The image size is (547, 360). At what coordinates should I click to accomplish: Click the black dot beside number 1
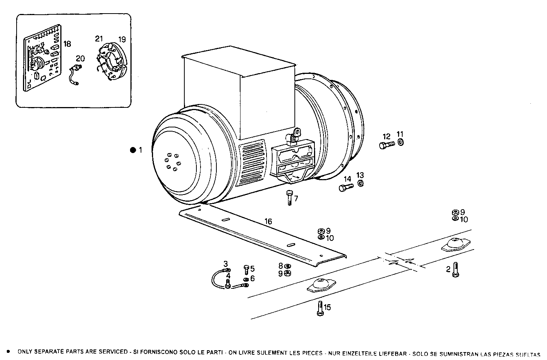pos(133,150)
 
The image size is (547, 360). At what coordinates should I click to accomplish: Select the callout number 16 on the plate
pos(268,221)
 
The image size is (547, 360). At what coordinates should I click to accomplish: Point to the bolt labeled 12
pos(386,145)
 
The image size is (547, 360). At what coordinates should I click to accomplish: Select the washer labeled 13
pos(360,184)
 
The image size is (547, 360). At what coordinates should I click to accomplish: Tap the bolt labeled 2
pos(455,270)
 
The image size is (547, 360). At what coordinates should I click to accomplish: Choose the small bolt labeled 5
pos(246,269)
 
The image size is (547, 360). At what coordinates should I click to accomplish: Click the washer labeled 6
pos(246,279)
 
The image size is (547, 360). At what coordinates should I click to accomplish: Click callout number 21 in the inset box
pos(99,39)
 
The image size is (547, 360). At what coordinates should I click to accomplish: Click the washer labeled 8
pos(287,266)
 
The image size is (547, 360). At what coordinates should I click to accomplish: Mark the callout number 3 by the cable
pos(225,263)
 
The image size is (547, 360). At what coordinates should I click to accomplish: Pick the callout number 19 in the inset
pos(122,39)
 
